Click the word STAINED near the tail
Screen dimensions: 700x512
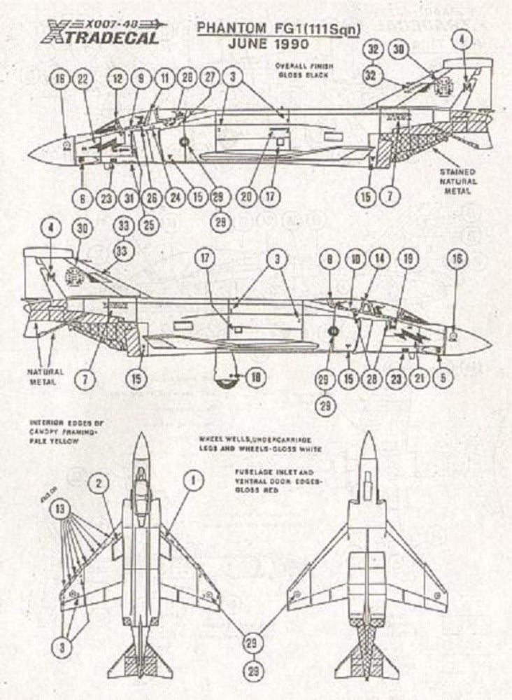click(x=458, y=171)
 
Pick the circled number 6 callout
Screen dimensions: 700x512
click(x=83, y=198)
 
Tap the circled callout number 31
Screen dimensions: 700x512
click(x=129, y=198)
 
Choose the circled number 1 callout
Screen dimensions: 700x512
click(x=193, y=481)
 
